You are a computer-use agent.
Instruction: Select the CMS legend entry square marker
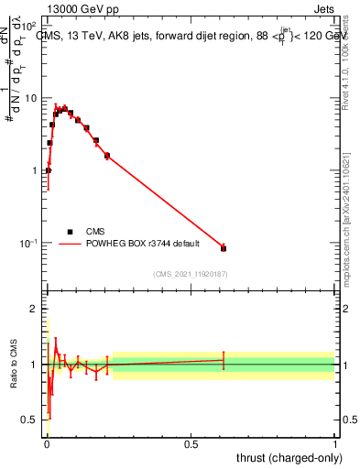(70, 232)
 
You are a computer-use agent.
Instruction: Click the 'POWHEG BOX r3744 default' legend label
(144, 244)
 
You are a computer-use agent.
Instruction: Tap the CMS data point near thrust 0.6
(224, 248)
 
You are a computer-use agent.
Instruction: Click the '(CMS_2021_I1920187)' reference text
(191, 273)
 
